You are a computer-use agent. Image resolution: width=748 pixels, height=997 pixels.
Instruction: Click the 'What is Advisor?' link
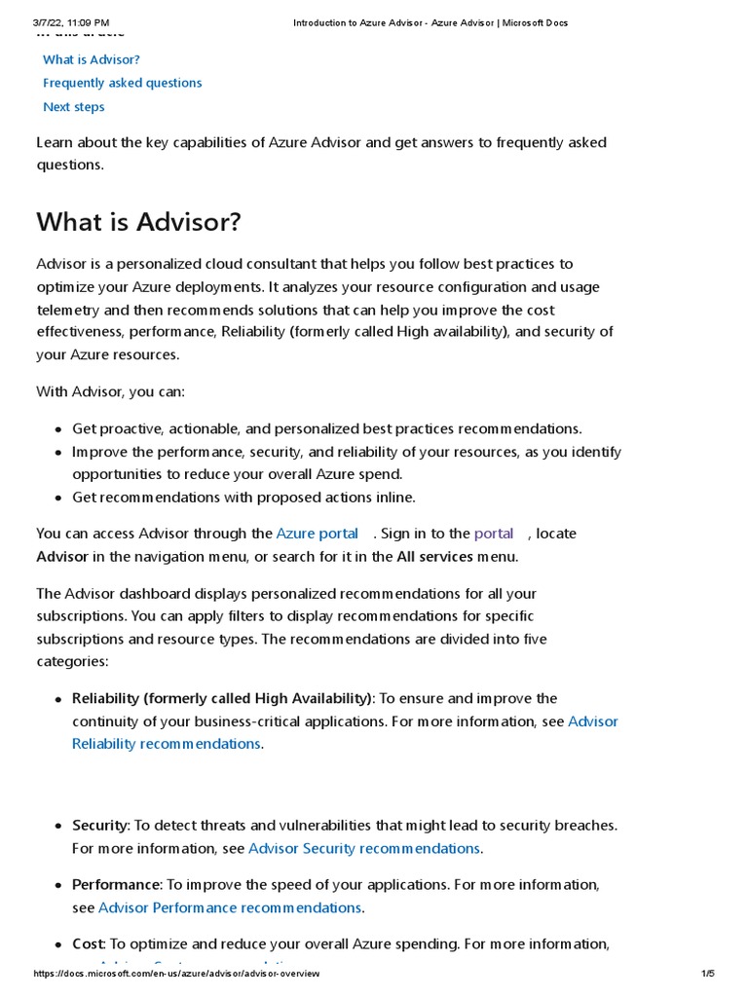point(92,59)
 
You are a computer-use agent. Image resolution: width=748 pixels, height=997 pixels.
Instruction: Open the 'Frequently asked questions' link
point(122,83)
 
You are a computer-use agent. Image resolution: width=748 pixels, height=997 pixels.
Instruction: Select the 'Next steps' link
point(73,107)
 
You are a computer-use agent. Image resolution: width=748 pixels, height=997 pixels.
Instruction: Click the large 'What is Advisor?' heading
point(138,222)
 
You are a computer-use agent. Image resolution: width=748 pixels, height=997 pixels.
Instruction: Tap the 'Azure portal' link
point(318,534)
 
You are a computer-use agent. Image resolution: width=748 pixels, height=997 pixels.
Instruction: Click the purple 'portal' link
point(494,534)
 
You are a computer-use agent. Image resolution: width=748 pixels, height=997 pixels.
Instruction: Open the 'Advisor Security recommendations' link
point(364,848)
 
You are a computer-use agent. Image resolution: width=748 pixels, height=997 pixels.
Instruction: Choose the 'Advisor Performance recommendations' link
point(230,907)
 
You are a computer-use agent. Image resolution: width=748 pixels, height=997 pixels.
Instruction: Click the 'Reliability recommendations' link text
point(167,744)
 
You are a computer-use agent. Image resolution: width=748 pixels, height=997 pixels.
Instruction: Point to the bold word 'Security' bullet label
point(100,826)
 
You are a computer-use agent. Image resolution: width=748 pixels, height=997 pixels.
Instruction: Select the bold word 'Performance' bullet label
point(116,885)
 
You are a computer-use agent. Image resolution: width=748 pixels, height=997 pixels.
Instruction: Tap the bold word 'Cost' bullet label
point(88,943)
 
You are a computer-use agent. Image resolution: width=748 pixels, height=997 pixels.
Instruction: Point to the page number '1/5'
point(708,974)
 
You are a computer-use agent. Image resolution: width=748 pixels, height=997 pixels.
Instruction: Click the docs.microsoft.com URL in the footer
point(175,974)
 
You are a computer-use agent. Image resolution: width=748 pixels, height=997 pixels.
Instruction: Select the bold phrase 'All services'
point(434,557)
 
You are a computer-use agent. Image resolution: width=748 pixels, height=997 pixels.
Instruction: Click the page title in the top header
point(430,22)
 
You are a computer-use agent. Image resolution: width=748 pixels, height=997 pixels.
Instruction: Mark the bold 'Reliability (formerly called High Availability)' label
point(222,698)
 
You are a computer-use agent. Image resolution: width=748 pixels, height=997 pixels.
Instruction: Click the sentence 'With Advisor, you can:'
point(110,391)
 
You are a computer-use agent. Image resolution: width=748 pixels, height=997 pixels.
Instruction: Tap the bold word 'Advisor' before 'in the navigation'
point(62,557)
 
